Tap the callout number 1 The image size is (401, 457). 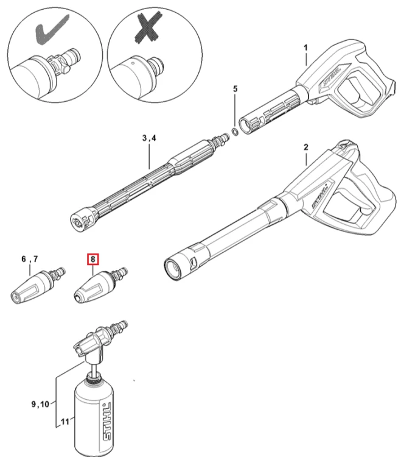coord(305,48)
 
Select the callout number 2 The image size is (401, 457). coord(306,147)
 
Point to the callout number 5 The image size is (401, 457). coord(235,88)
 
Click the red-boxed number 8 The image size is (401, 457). coord(93,259)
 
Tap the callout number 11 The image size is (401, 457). coord(65,422)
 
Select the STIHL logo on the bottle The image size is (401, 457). coord(107,422)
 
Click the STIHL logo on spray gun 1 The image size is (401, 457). coord(332,77)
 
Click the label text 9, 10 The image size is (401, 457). coord(40,404)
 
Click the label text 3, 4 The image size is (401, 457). coord(149,138)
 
